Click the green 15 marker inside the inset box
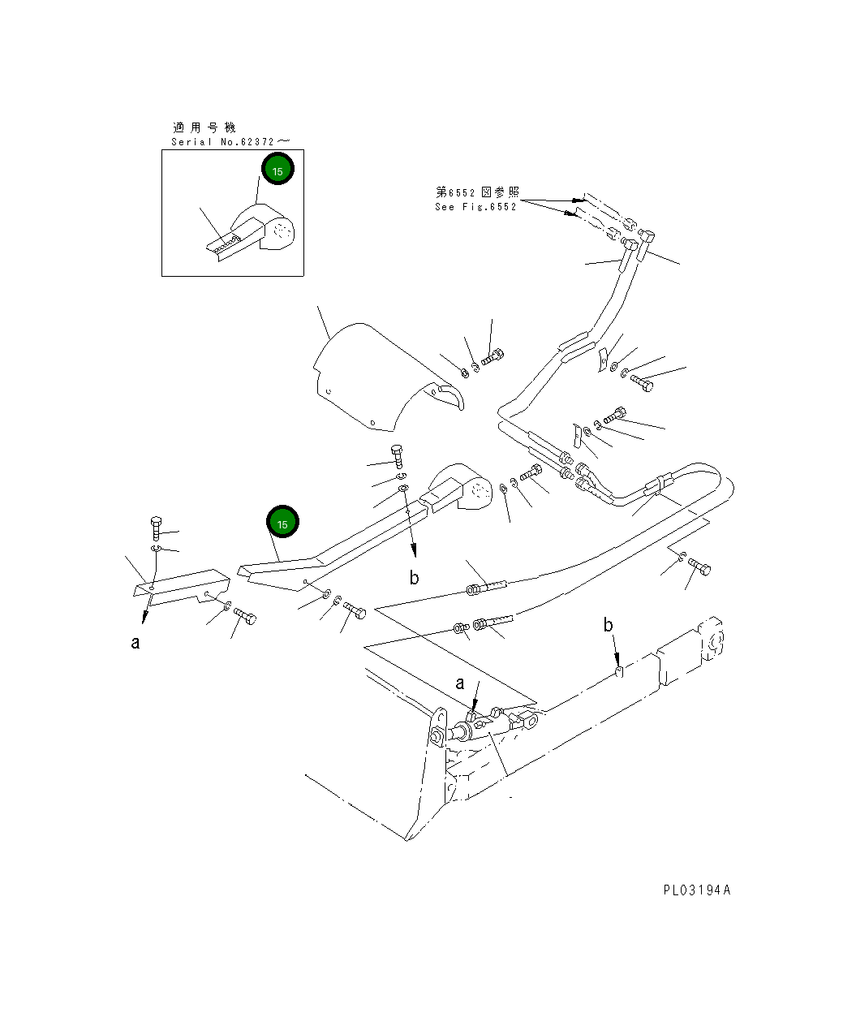click(277, 170)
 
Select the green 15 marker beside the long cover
click(282, 524)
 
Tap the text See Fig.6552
click(475, 207)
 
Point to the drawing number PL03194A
click(696, 890)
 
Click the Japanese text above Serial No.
click(203, 127)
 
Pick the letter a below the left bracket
click(135, 643)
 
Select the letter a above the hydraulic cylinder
click(460, 683)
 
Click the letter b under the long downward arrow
click(414, 578)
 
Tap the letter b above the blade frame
click(608, 625)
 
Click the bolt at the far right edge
click(699, 567)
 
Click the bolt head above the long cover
click(397, 453)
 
